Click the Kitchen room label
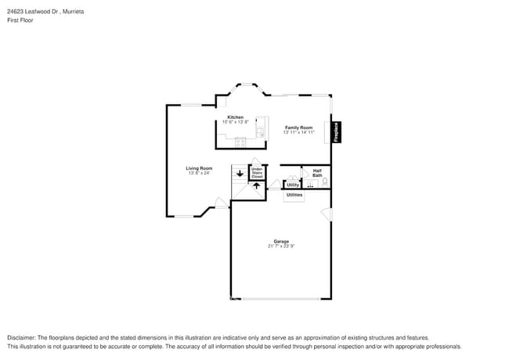(235, 117)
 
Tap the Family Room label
(298, 128)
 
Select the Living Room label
(199, 168)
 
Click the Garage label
(280, 241)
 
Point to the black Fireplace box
(335, 131)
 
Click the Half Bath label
(317, 173)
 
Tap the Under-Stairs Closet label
(256, 173)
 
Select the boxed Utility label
(292, 185)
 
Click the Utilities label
(294, 195)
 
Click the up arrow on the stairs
(255, 187)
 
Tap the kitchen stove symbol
(240, 142)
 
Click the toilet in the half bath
(325, 182)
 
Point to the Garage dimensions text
(280, 247)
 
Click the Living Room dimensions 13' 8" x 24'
(199, 174)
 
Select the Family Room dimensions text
(298, 132)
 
